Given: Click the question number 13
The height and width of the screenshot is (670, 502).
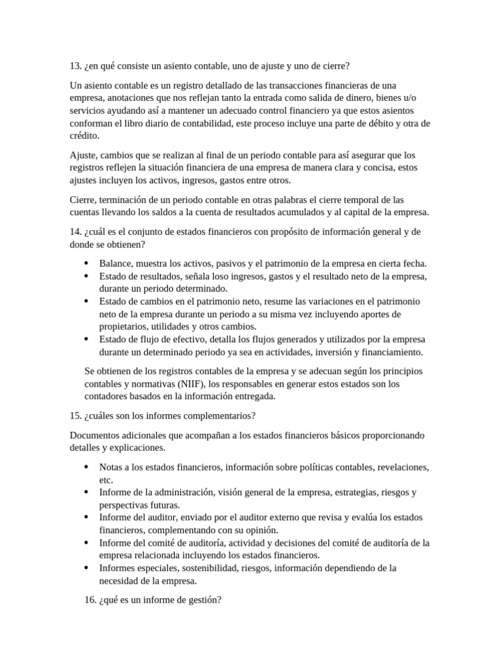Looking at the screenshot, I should click(74, 65).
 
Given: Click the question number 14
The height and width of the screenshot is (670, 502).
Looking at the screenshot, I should click(74, 232).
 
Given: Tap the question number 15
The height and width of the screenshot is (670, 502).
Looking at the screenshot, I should click(74, 416).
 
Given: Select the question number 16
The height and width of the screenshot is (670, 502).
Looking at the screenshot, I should click(90, 598).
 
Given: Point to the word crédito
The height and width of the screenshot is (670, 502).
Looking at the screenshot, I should click(84, 135).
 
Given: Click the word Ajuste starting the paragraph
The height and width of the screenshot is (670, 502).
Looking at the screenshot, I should click(82, 155).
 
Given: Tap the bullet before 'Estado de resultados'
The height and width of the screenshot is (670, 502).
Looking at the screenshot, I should click(87, 276).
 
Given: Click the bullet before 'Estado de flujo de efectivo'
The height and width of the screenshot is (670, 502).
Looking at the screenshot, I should click(87, 340).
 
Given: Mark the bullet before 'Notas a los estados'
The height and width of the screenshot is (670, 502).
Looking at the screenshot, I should click(87, 467).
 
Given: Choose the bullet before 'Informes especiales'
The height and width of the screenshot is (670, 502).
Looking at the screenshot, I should click(87, 568).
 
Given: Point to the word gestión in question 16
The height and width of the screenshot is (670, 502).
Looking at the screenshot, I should click(205, 598).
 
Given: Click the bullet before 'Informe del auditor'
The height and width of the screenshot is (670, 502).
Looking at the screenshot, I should click(87, 517).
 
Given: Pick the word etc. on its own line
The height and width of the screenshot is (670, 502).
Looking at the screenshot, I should click(106, 480).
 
